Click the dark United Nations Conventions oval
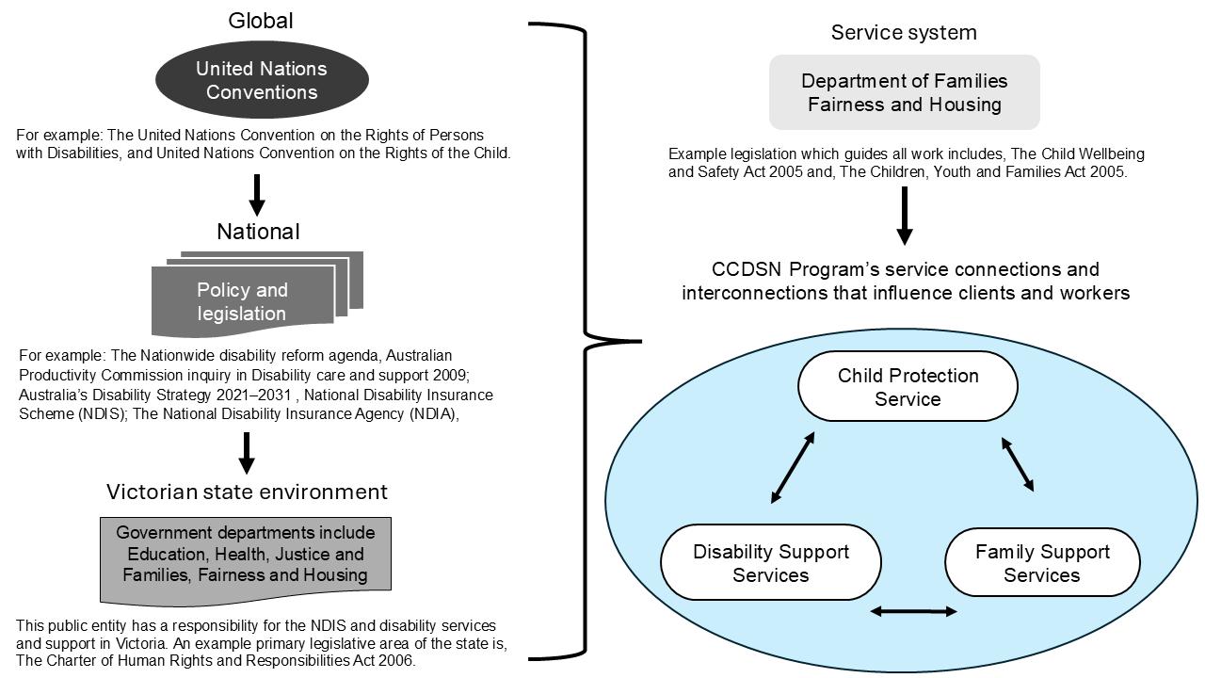[262, 80]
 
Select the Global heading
[261, 21]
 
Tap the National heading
[258, 232]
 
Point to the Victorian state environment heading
[247, 492]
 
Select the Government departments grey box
[246, 556]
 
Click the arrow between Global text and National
[256, 194]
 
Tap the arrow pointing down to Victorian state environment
[247, 453]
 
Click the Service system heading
[904, 33]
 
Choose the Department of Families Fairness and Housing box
[904, 92]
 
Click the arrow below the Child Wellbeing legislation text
[904, 216]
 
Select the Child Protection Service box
[908, 387]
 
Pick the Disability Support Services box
[771, 563]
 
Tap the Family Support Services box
[1042, 563]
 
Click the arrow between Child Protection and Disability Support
[793, 468]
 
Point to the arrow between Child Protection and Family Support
[1018, 464]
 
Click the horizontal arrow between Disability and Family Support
[913, 612]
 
